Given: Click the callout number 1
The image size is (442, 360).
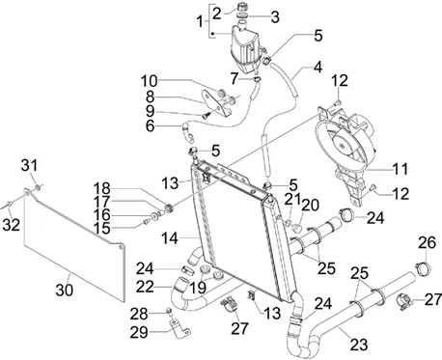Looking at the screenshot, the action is pyautogui.click(x=201, y=22).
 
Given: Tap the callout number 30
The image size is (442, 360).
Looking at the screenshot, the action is pyautogui.click(x=65, y=291).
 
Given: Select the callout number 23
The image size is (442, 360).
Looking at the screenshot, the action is pyautogui.click(x=359, y=346).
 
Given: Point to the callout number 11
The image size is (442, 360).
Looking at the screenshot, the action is pyautogui.click(x=401, y=169).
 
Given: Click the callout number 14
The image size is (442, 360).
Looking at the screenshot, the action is pyautogui.click(x=170, y=238).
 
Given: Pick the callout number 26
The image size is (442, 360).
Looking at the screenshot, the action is pyautogui.click(x=427, y=243).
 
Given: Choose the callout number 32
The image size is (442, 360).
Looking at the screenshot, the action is pyautogui.click(x=12, y=225).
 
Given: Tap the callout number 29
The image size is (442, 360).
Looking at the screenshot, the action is pyautogui.click(x=139, y=332).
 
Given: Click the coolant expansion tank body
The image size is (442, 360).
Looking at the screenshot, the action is pyautogui.click(x=245, y=48).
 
